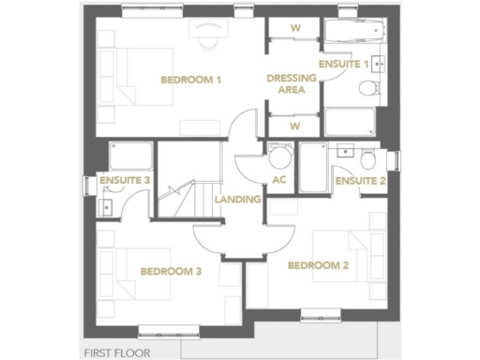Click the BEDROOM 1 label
tap(190, 80)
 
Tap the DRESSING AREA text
tap(290, 83)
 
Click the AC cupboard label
tap(278, 180)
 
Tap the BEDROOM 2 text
tap(318, 265)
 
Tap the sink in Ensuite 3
tap(106, 207)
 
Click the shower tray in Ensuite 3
tap(126, 156)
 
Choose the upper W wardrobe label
tap(293, 27)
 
